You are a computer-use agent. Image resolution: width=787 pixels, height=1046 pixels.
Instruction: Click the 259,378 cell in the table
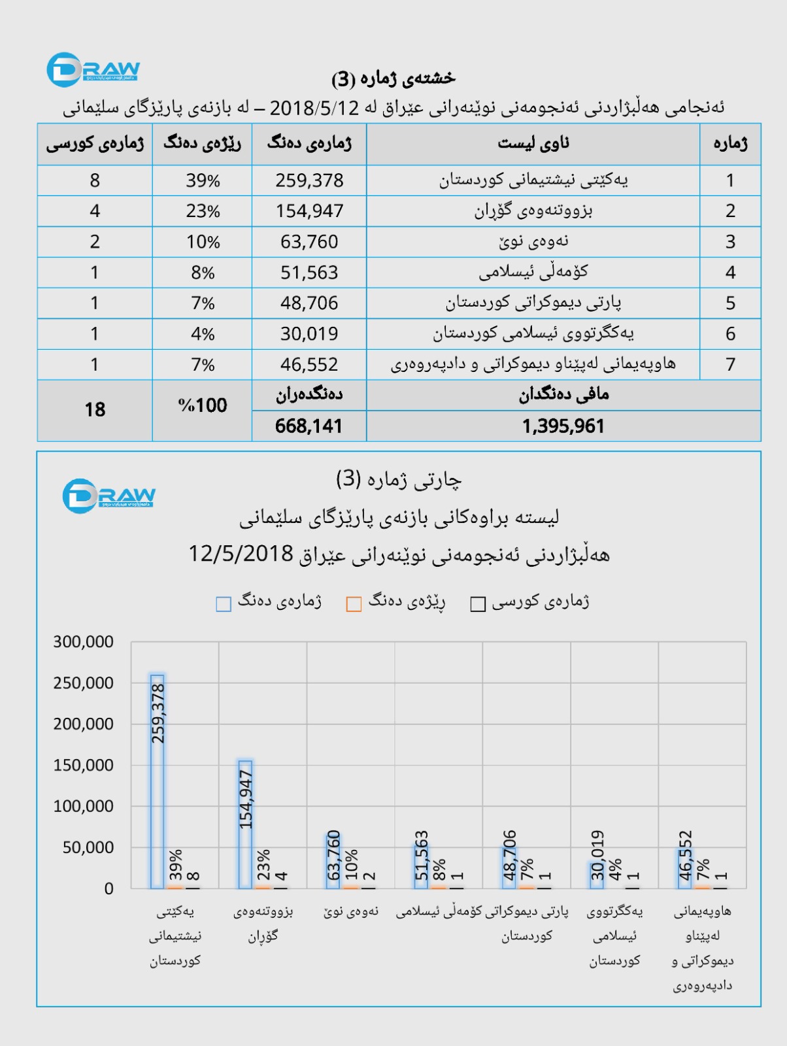[309, 180]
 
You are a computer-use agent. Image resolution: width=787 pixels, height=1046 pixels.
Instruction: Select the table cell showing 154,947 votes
[309, 211]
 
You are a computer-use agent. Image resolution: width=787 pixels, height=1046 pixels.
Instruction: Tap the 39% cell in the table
[203, 180]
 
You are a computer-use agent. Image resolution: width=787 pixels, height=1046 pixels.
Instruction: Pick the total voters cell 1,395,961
[563, 426]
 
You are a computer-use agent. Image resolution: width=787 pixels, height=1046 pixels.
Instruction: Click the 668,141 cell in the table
[309, 426]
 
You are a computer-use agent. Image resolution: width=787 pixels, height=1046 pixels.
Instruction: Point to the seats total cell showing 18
[95, 410]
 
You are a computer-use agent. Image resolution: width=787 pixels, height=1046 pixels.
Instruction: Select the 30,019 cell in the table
[309, 334]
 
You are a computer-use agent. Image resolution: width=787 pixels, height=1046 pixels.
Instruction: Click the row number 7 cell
[730, 365]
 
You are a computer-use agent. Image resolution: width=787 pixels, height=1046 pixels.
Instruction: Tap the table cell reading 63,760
[309, 242]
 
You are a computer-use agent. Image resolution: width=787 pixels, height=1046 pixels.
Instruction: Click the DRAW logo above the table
[93, 70]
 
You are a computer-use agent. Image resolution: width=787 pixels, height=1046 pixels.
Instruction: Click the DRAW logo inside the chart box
[109, 496]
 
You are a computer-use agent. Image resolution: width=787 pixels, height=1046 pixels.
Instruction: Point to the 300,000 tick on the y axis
[83, 642]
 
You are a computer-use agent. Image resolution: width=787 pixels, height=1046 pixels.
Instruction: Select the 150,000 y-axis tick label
[83, 765]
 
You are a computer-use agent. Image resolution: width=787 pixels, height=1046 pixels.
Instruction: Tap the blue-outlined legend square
[224, 604]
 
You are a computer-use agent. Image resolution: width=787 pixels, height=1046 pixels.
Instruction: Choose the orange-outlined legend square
[354, 604]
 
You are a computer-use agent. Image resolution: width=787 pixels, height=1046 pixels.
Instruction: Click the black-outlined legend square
[478, 604]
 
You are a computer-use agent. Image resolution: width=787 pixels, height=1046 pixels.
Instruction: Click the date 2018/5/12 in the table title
[314, 108]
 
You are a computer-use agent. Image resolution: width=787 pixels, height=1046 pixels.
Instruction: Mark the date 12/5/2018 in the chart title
[241, 554]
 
